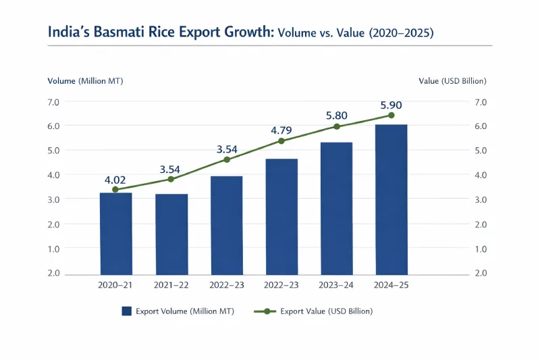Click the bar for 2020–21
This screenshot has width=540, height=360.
(x=115, y=233)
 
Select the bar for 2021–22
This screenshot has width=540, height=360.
(x=171, y=234)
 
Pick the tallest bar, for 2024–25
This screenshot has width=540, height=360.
(x=391, y=199)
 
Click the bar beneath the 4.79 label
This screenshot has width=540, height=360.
(x=281, y=216)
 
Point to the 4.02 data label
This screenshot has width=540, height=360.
(x=115, y=180)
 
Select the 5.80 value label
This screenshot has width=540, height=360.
(x=336, y=115)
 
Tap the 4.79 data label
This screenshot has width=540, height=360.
(x=281, y=130)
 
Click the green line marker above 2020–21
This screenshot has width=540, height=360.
(x=115, y=190)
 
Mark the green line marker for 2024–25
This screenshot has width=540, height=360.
(x=391, y=115)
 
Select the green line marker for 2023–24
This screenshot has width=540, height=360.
(x=336, y=126)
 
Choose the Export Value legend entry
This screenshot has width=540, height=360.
(x=313, y=311)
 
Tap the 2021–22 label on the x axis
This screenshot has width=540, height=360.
(x=171, y=286)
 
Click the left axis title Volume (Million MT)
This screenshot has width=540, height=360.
(x=85, y=81)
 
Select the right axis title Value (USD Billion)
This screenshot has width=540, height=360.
(x=452, y=81)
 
